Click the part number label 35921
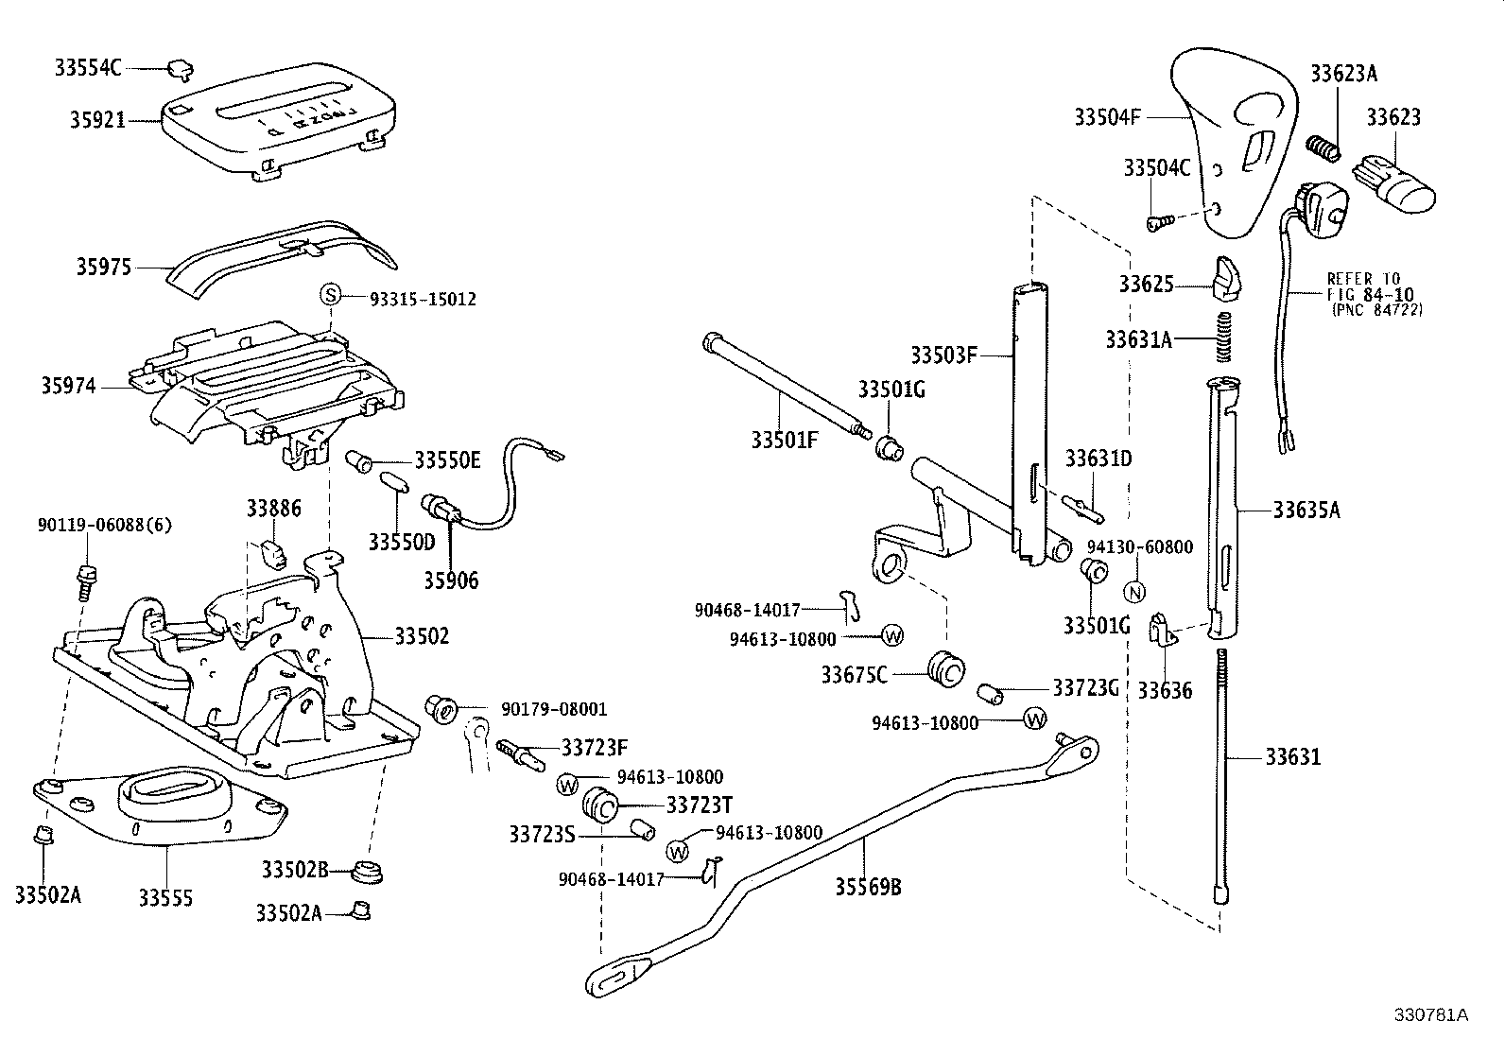[96, 120]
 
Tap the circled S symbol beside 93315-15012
[330, 295]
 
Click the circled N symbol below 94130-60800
[1135, 592]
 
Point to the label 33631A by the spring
[1137, 338]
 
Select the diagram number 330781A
[1430, 1014]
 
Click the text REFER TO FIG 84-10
[1362, 286]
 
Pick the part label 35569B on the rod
[867, 887]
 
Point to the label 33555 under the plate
[165, 897]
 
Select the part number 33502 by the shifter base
[421, 636]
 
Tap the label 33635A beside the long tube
[1306, 511]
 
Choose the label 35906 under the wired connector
[451, 580]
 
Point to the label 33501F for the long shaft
[784, 439]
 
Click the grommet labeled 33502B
[366, 871]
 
